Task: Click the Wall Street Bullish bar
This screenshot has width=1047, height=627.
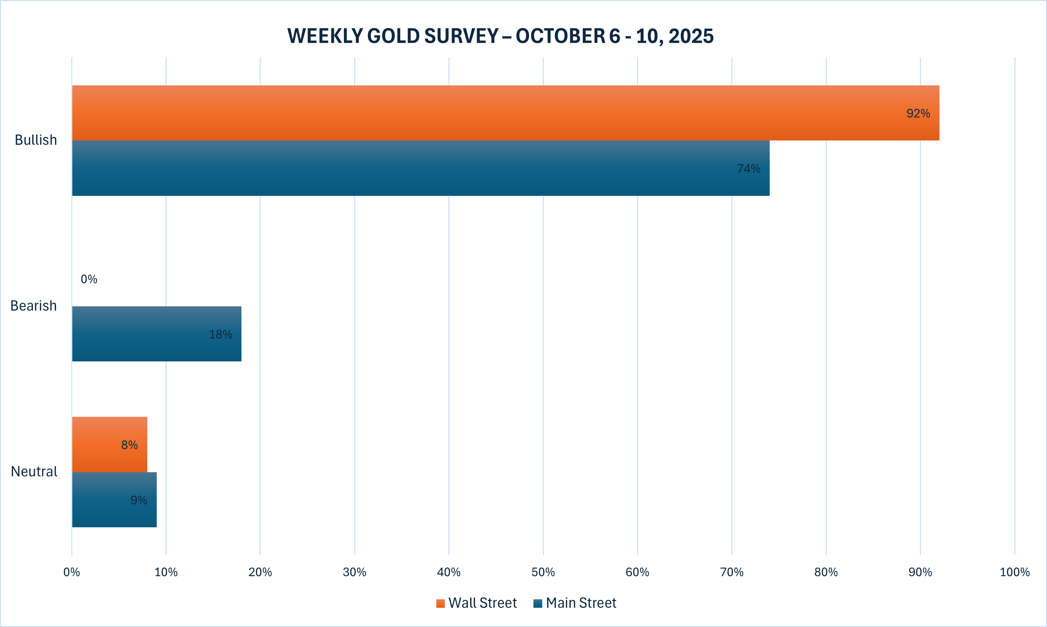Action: [505, 113]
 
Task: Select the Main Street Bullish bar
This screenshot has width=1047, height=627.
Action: [420, 168]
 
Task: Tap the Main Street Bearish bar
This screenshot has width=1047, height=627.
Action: [156, 334]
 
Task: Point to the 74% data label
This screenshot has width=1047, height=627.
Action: [749, 168]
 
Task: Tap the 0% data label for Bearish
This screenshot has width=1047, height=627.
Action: [89, 279]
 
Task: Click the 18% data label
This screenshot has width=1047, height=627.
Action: [221, 335]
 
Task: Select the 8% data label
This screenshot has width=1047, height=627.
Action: [129, 445]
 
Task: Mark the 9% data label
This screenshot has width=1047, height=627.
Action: [138, 500]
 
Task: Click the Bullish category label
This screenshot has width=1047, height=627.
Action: [36, 140]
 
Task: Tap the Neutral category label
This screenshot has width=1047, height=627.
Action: [34, 472]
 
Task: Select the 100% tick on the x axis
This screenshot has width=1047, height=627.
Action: [1014, 572]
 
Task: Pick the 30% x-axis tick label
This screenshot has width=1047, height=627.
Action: [354, 572]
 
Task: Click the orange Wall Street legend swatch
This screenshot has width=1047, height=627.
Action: [441, 603]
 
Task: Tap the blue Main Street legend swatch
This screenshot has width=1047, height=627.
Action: [538, 603]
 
